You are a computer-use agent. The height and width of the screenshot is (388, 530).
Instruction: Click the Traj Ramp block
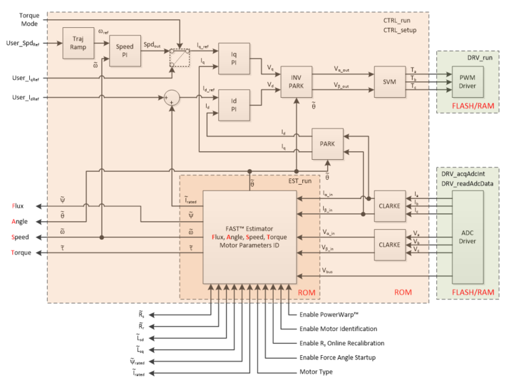[78, 43]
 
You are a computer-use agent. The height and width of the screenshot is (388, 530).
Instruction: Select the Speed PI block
[126, 50]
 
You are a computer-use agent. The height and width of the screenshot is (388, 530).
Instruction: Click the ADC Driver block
[468, 236]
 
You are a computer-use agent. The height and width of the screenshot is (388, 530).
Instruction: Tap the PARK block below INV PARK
[327, 144]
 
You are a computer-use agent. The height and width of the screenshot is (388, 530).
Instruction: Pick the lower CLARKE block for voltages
[389, 245]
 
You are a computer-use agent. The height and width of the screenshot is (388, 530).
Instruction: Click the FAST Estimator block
[249, 237]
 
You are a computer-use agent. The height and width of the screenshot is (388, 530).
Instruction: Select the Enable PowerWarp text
[329, 315]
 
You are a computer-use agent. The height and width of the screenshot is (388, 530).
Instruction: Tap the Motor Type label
[317, 372]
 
